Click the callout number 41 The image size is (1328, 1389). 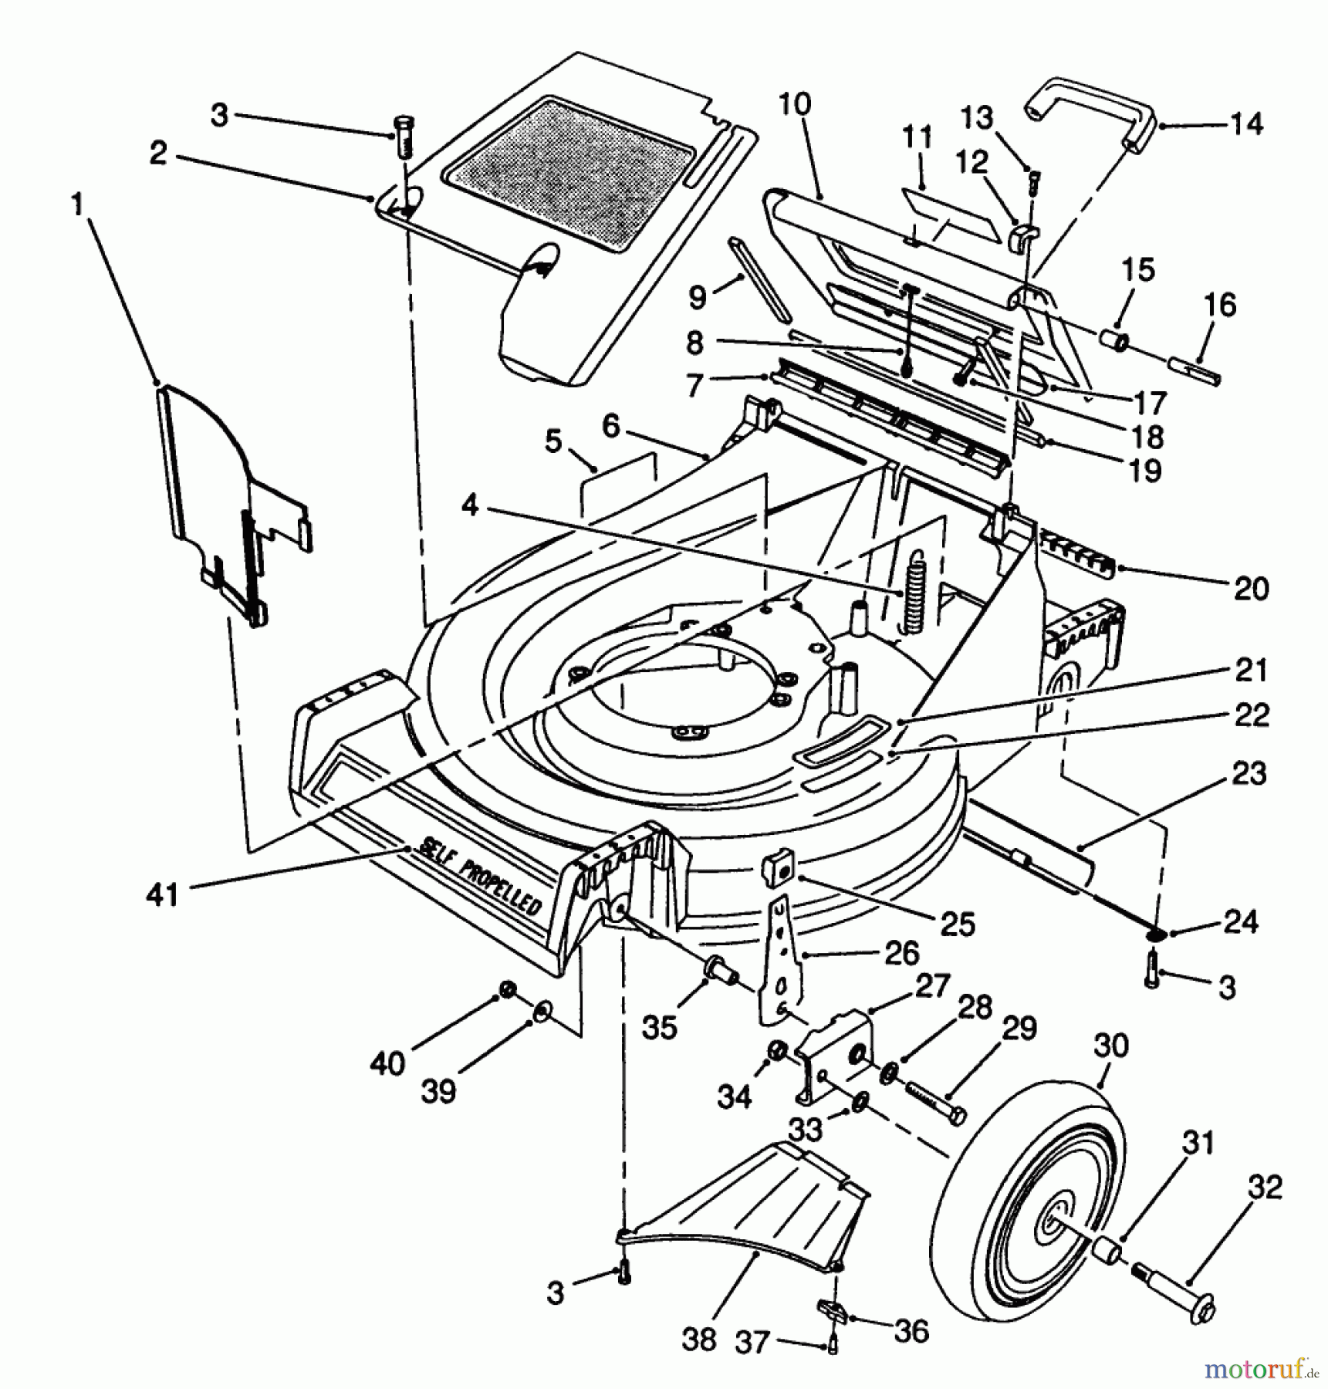pyautogui.click(x=162, y=895)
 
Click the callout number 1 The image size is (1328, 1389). pyautogui.click(x=76, y=205)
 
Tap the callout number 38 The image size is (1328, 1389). pyautogui.click(x=699, y=1338)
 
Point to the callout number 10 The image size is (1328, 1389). pyautogui.click(x=795, y=103)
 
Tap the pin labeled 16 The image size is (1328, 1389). pyautogui.click(x=1195, y=370)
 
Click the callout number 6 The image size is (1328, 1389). pyautogui.click(x=611, y=425)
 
